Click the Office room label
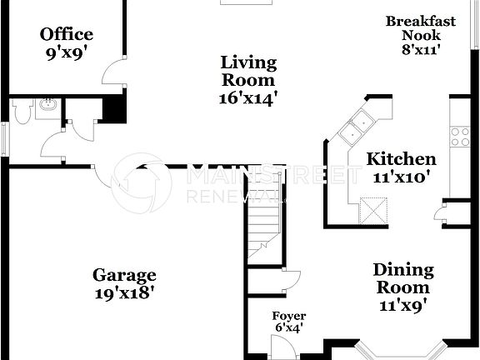pos(67,42)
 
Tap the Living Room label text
pos(248,79)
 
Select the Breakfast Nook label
pos(420,34)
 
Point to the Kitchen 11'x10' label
pos(402,167)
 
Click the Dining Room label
pos(402,287)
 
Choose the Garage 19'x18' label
pos(124,283)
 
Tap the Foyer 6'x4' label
pos(288,322)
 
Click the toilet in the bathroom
pos(22,112)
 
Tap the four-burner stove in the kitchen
pos(460,136)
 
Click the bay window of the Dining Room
pos(392,348)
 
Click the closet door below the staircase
pos(291,282)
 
